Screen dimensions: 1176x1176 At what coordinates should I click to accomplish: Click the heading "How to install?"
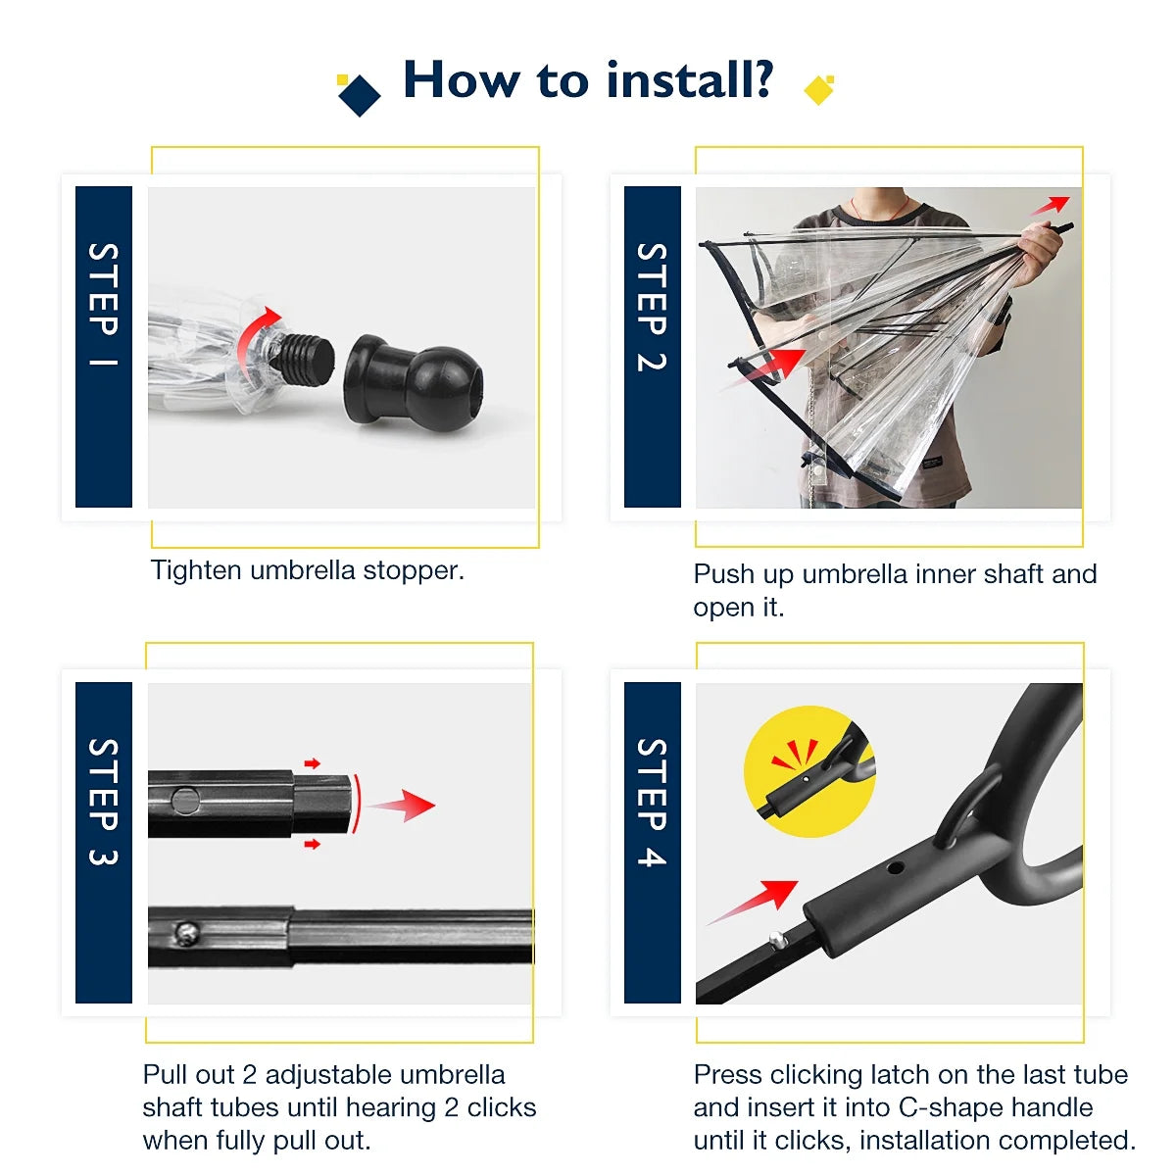click(x=588, y=80)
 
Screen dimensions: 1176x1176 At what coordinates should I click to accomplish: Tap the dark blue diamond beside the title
click(x=359, y=95)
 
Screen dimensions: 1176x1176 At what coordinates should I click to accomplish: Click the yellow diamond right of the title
click(x=818, y=90)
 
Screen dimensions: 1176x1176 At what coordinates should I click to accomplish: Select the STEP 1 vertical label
click(x=103, y=306)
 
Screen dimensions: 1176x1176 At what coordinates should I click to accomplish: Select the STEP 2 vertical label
click(x=652, y=307)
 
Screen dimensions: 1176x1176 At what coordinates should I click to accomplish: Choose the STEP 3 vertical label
click(x=103, y=802)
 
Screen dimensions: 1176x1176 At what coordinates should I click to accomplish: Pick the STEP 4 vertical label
click(x=652, y=802)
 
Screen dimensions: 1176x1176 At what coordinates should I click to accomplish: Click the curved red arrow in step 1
click(x=256, y=332)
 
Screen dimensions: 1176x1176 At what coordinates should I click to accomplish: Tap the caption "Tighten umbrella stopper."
click(x=308, y=570)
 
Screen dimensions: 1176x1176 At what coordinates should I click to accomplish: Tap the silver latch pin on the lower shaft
click(x=183, y=935)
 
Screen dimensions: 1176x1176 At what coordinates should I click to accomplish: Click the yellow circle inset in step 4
click(x=809, y=772)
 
